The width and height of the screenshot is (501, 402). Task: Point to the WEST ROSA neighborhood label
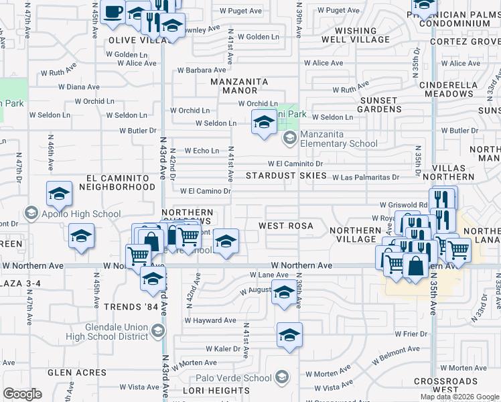[286, 226]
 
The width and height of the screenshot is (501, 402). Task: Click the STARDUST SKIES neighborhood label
[285, 176]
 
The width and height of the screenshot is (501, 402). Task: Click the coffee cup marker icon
[113, 11]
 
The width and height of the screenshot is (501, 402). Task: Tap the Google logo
[23, 394]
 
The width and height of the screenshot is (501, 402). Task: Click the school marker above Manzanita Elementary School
[264, 123]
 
